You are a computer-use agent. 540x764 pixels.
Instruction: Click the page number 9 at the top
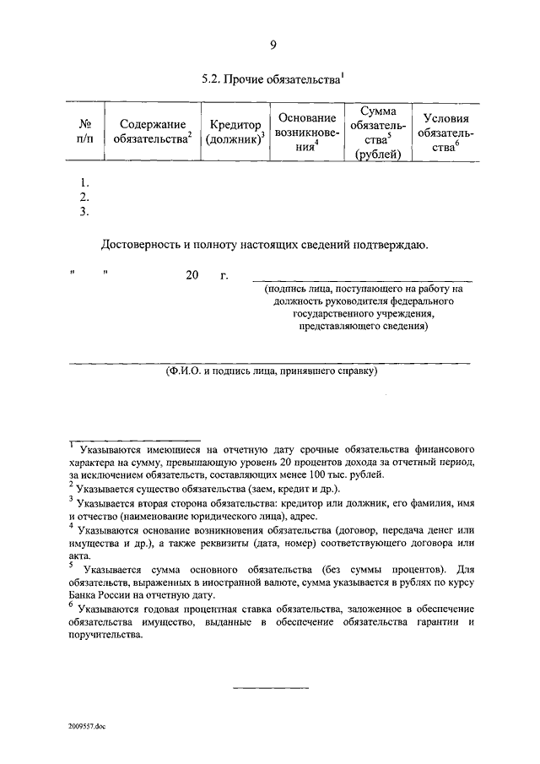(273, 45)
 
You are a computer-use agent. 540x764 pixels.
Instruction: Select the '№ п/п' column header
(84, 130)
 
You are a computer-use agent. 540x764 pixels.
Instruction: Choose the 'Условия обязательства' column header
(445, 131)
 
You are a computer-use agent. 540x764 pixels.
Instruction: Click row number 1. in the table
(84, 182)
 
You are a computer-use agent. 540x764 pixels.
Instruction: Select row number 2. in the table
(84, 197)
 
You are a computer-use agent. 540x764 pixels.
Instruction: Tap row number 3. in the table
(84, 212)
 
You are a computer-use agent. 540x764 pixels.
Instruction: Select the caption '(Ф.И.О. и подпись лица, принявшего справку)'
(271, 371)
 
